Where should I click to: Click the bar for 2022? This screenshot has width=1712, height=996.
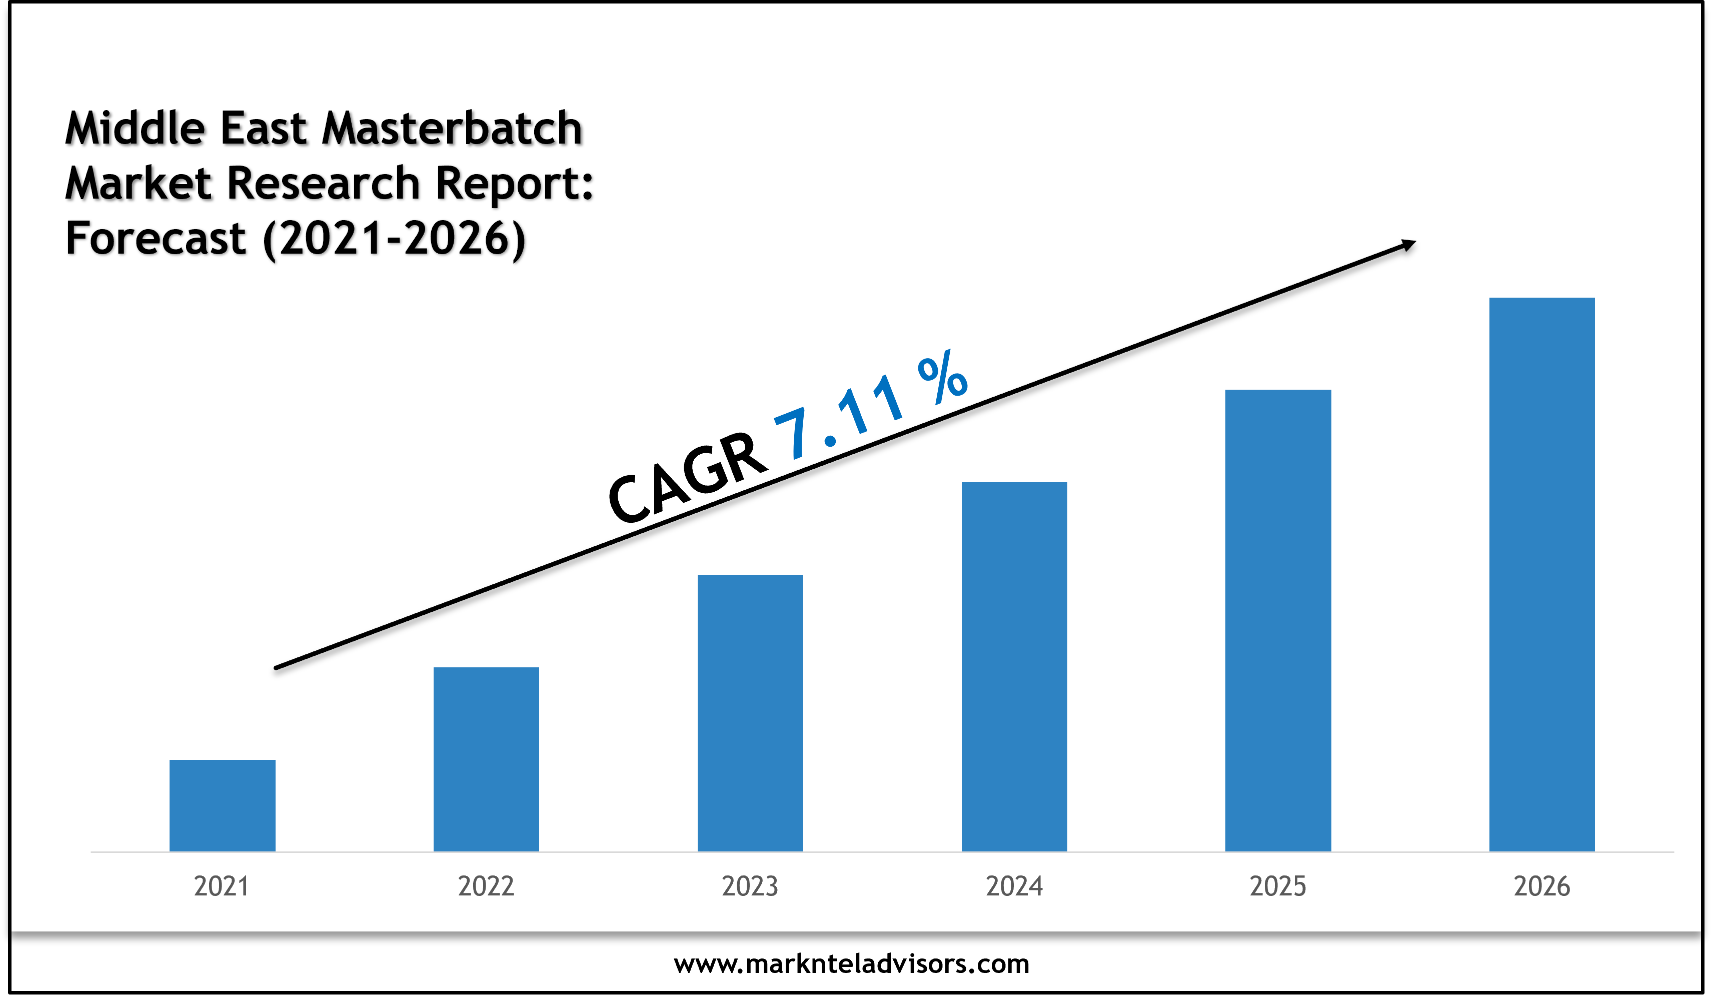pyautogui.click(x=486, y=759)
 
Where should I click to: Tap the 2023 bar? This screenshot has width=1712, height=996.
pyautogui.click(x=750, y=713)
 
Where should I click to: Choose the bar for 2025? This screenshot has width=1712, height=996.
pyautogui.click(x=1278, y=620)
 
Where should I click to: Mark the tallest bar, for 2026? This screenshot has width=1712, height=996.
pyautogui.click(x=1541, y=574)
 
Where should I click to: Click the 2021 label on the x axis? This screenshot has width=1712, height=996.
pyautogui.click(x=222, y=886)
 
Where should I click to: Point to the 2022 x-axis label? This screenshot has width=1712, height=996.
pyautogui.click(x=486, y=886)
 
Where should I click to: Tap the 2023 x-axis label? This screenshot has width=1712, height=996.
pyautogui.click(x=750, y=886)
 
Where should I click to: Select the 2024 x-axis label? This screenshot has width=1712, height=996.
pyautogui.click(x=1014, y=886)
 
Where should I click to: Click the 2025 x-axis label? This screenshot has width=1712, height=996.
pyautogui.click(x=1278, y=886)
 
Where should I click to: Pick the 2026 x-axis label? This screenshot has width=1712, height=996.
pyautogui.click(x=1541, y=886)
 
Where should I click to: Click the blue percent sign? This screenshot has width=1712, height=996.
pyautogui.click(x=942, y=378)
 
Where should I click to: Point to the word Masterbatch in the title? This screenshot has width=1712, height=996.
pyautogui.click(x=452, y=129)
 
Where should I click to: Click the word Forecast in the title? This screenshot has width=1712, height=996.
pyautogui.click(x=156, y=239)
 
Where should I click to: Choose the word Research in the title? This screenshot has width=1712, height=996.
pyautogui.click(x=324, y=184)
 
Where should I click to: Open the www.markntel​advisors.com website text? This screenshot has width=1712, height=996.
pyautogui.click(x=851, y=963)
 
